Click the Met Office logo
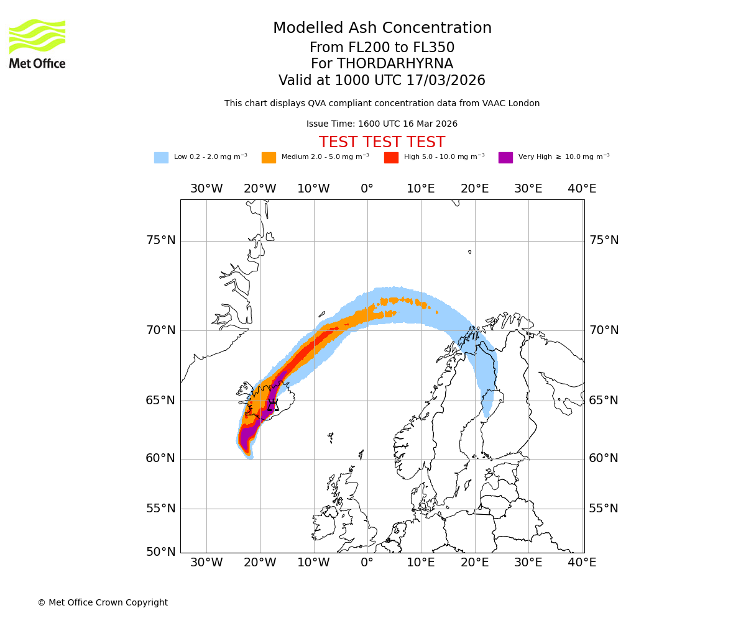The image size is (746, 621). coord(37,43)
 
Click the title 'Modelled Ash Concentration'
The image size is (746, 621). coord(382,29)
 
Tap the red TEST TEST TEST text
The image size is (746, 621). coord(382,142)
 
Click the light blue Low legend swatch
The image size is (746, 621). coord(161,158)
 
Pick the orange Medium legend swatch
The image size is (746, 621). coord(269,158)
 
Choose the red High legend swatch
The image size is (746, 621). coord(391,158)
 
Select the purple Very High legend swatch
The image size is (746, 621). coord(505,158)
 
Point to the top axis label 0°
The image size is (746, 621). coord(367,189)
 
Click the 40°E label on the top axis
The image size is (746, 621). coord(582,189)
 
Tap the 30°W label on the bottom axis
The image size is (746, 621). coord(206,563)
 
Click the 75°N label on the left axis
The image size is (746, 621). coord(160,240)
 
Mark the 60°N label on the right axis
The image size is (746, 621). coord(604,458)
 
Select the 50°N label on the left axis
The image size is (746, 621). coord(160,551)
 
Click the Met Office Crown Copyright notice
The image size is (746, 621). coord(103,602)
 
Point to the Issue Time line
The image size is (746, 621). coord(382,124)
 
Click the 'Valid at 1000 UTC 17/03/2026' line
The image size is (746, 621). coord(382,81)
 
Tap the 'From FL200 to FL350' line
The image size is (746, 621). coord(382,48)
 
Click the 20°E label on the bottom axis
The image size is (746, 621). coord(475,563)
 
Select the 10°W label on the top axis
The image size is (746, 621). coord(313,189)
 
